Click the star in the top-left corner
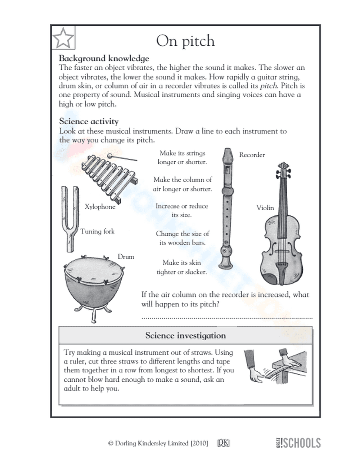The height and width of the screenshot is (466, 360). (63, 37)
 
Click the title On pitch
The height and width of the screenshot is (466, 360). (185, 41)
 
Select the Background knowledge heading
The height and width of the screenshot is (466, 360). (104, 58)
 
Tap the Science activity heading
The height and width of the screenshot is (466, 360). (89, 121)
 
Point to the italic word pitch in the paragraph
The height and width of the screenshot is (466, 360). (268, 86)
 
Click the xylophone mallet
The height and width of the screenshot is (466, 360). (122, 158)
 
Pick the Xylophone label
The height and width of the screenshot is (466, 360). (100, 207)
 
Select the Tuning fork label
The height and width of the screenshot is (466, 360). (97, 232)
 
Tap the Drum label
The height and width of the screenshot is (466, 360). (126, 257)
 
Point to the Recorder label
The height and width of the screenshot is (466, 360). (252, 155)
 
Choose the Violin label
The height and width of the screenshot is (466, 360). (265, 208)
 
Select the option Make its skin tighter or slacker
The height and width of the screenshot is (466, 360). (181, 267)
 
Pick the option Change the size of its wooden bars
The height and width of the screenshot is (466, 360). (182, 238)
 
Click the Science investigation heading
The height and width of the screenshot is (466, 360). (185, 336)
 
